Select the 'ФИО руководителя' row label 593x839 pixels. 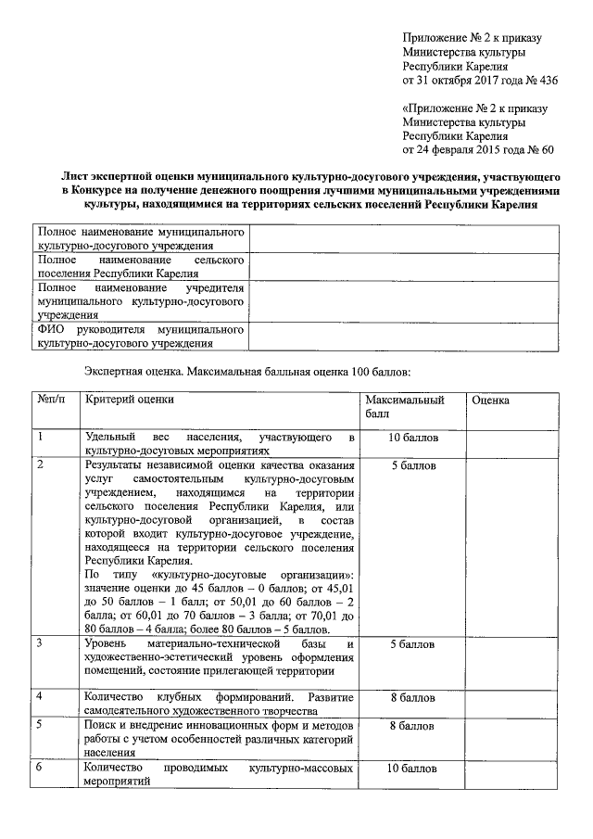(x=139, y=336)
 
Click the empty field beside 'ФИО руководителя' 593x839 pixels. (x=403, y=336)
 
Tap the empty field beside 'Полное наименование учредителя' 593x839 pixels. (x=403, y=301)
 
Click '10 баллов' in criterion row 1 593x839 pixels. (x=411, y=437)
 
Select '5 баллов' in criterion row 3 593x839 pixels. (x=411, y=643)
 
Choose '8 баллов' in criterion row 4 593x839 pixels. (x=411, y=695)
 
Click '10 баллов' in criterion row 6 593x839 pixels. (x=411, y=769)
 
